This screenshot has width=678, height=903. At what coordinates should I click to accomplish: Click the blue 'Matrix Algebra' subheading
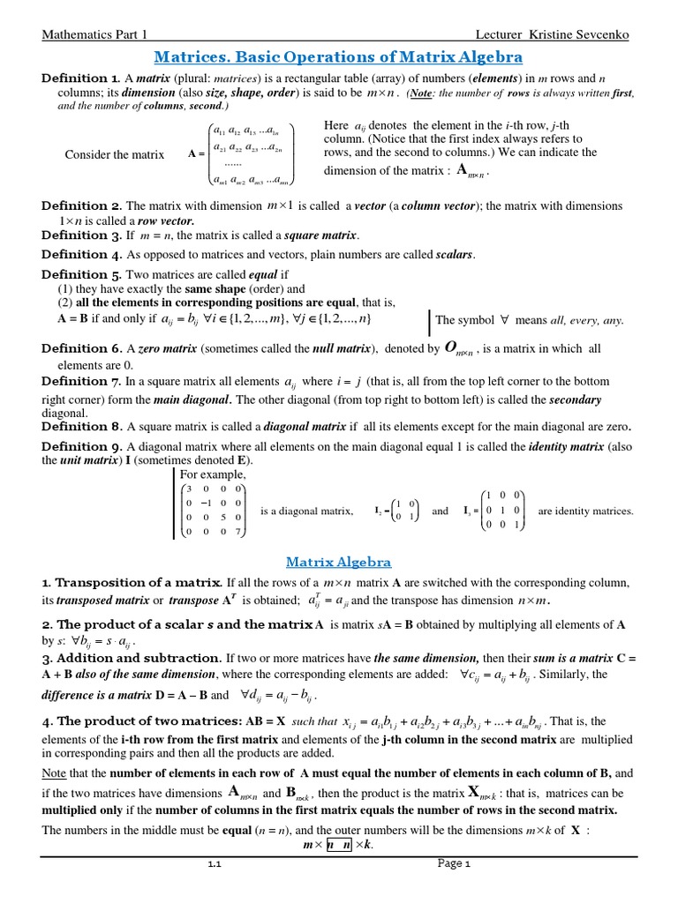(x=338, y=562)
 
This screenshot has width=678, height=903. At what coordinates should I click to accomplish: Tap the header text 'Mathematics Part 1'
(x=94, y=34)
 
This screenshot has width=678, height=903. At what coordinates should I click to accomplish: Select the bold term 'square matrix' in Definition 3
(x=320, y=235)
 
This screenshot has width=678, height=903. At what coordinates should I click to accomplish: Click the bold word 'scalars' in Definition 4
(x=455, y=255)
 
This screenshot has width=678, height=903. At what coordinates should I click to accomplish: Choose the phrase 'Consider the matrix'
(x=115, y=154)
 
